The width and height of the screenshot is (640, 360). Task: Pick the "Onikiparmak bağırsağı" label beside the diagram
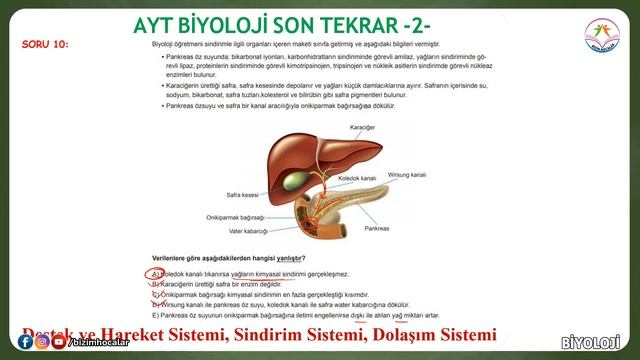point(236,216)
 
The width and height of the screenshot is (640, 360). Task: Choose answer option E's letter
point(155,316)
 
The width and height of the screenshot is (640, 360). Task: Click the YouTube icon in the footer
point(59,343)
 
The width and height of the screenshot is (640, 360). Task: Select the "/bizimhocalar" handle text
point(97,343)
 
